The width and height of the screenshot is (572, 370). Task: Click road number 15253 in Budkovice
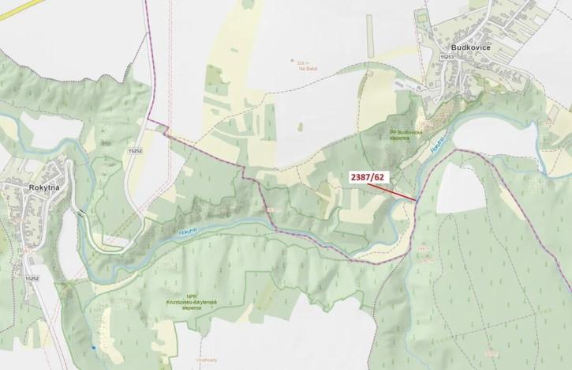tap(447, 57)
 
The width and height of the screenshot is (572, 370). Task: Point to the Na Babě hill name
tap(307, 69)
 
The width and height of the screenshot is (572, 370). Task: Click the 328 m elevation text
tap(301, 62)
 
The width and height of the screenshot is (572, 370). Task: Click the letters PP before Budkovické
tap(391, 132)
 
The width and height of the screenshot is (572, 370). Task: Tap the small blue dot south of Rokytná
tap(93, 347)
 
